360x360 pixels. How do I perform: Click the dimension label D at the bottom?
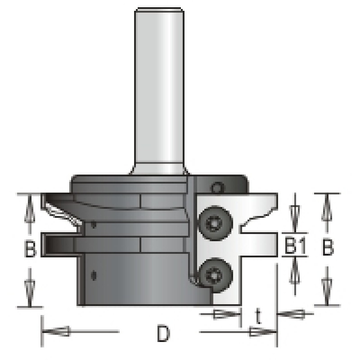tap(164, 333)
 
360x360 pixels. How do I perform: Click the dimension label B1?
tap(296, 246)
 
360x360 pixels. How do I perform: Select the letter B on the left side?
tap(30, 248)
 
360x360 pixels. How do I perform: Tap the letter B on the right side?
tap(328, 247)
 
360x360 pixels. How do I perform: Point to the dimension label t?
tap(258, 316)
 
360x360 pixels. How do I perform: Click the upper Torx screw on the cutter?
tap(215, 223)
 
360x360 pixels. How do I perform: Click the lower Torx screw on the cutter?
tap(216, 275)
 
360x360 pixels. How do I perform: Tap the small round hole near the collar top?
tap(217, 188)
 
